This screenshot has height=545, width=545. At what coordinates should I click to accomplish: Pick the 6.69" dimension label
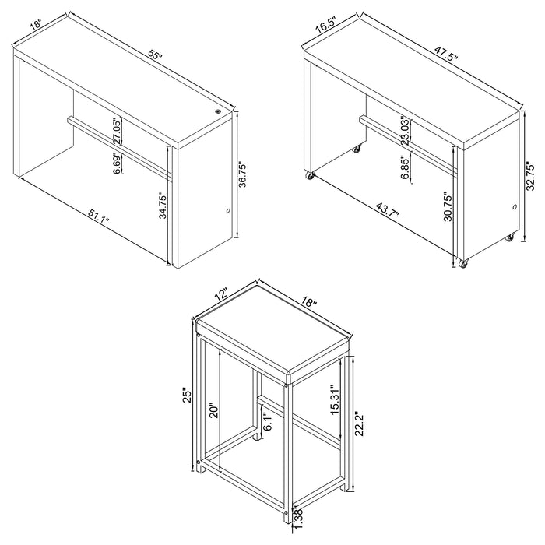click(x=117, y=167)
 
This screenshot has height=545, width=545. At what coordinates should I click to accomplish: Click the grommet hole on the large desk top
click(x=217, y=113)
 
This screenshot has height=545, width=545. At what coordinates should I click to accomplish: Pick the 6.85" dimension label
click(x=406, y=167)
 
